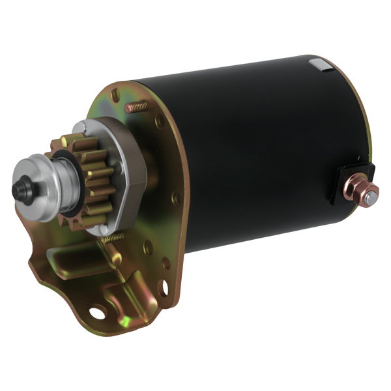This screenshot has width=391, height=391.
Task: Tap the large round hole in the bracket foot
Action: [97, 314]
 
